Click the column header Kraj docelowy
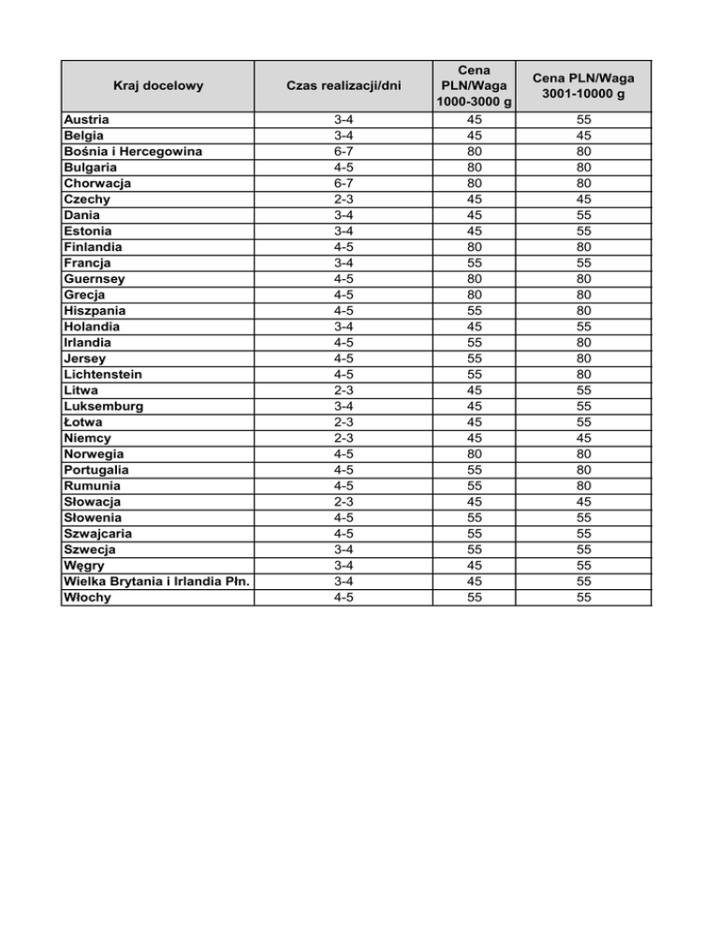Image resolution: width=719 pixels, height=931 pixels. pyautogui.click(x=158, y=86)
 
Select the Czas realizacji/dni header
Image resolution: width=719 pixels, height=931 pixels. pyautogui.click(x=344, y=86)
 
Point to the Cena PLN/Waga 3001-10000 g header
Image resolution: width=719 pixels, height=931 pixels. pyautogui.click(x=584, y=86)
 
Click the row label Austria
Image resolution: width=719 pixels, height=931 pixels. pyautogui.click(x=86, y=120)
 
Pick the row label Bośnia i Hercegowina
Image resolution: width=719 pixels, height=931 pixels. pyautogui.click(x=133, y=152)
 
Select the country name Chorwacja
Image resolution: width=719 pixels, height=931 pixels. pyautogui.click(x=97, y=184)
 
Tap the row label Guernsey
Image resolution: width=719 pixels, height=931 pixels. pyautogui.click(x=95, y=279)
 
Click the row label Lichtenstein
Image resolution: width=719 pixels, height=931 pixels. pyautogui.click(x=103, y=375)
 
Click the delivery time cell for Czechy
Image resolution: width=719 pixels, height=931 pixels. pyautogui.click(x=344, y=199)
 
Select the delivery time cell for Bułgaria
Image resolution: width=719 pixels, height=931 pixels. pyautogui.click(x=344, y=168)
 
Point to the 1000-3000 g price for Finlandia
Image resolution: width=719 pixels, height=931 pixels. pyautogui.click(x=476, y=247)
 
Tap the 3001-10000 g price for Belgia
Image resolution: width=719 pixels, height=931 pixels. pyautogui.click(x=584, y=136)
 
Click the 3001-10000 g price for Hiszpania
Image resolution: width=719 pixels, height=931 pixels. pyautogui.click(x=584, y=311)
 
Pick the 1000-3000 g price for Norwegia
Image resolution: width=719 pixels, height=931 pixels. pyautogui.click(x=476, y=454)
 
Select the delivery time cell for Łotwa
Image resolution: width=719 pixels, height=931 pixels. pyautogui.click(x=344, y=422)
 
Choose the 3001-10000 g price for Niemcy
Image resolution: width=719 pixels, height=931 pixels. pyautogui.click(x=584, y=438)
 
